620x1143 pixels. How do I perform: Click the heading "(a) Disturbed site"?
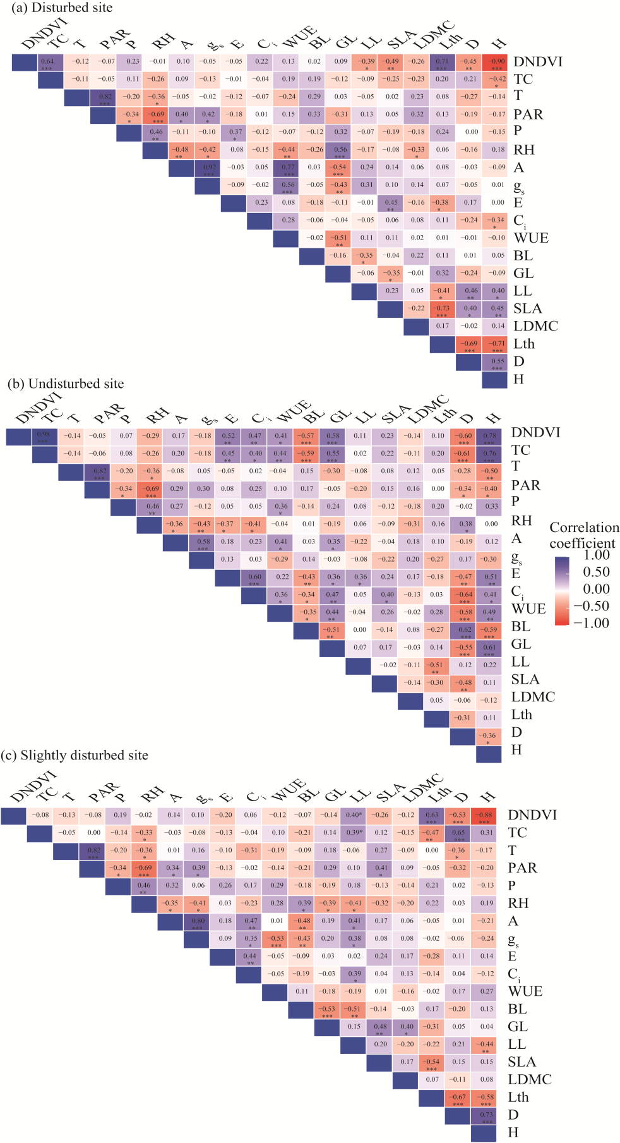coord(59,8)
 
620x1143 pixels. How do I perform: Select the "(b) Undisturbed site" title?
coord(66,384)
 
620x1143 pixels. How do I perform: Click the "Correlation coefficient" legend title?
coord(584,535)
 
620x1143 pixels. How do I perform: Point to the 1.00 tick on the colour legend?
coord(597,555)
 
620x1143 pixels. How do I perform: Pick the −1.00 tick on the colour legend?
coord(591,623)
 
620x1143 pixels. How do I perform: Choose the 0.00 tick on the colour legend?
coord(597,589)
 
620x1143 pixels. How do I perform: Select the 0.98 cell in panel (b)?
coord(45,436)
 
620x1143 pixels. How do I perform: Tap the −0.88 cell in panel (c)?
coord(484,816)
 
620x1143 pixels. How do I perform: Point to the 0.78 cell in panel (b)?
coord(489,436)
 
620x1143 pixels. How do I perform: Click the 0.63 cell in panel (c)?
coord(432,816)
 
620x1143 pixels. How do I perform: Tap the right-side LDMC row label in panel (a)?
coord(535,326)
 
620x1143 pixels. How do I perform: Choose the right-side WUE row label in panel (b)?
coord(528,608)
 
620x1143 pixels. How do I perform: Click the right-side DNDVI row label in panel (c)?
coord(532,815)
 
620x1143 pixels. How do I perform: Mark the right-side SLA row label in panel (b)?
coord(525,679)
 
